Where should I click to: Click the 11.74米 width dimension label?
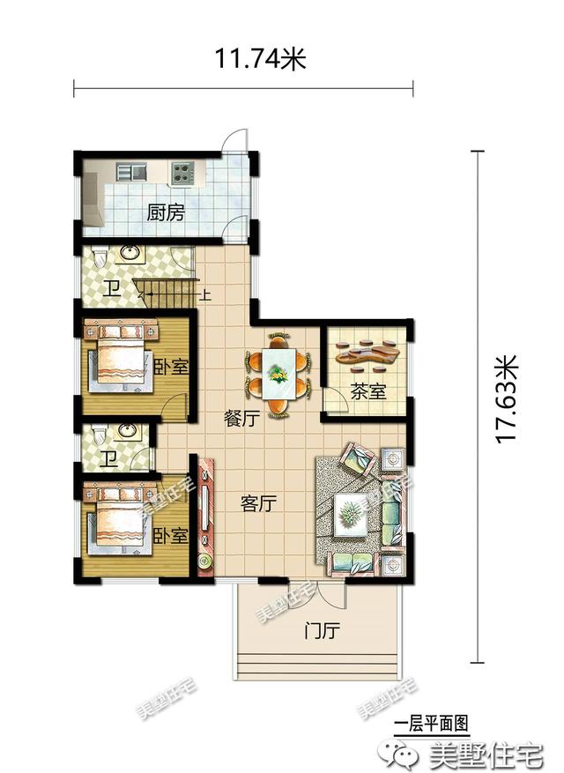260,59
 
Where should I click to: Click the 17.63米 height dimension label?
507,399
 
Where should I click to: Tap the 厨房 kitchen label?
166,213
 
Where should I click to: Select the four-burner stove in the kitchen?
182,173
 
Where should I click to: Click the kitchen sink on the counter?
131,172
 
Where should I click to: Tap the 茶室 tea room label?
367,391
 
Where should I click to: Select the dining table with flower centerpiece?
278,373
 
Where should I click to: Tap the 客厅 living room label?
258,503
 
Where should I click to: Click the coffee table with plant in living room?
351,515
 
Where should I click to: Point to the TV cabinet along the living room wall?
205,517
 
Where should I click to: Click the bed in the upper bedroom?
119,358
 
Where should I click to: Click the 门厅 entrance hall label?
322,630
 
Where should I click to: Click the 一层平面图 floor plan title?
431,724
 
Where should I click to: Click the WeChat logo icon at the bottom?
404,754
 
